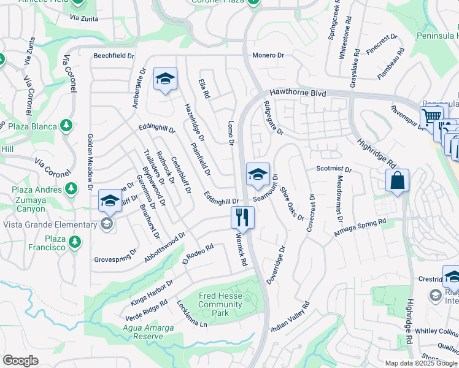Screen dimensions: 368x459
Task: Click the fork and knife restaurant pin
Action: coord(242,218)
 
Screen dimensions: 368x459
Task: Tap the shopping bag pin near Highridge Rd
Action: coord(397,181)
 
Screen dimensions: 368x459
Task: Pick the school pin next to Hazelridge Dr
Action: coord(165,79)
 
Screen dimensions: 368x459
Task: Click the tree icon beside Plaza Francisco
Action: coord(75,242)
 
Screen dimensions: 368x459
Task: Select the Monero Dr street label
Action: coord(268,55)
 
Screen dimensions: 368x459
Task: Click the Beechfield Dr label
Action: coord(114,56)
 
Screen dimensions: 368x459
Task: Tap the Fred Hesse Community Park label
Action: coord(220,304)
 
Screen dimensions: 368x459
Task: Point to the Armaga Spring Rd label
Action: coord(360,228)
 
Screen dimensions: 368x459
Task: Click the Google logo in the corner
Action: coord(21,361)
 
